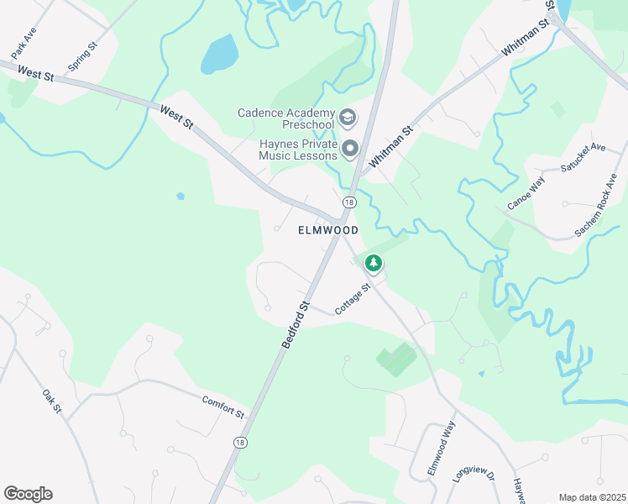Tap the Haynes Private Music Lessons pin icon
point(351,149)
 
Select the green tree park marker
point(373,264)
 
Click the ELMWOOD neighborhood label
point(328,230)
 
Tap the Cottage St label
point(353,300)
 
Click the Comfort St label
point(222,407)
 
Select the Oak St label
point(52,401)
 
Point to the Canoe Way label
point(526,192)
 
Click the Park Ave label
point(24,40)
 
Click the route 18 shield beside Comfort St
point(241,442)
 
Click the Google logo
point(28,494)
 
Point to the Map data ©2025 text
point(592,497)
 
